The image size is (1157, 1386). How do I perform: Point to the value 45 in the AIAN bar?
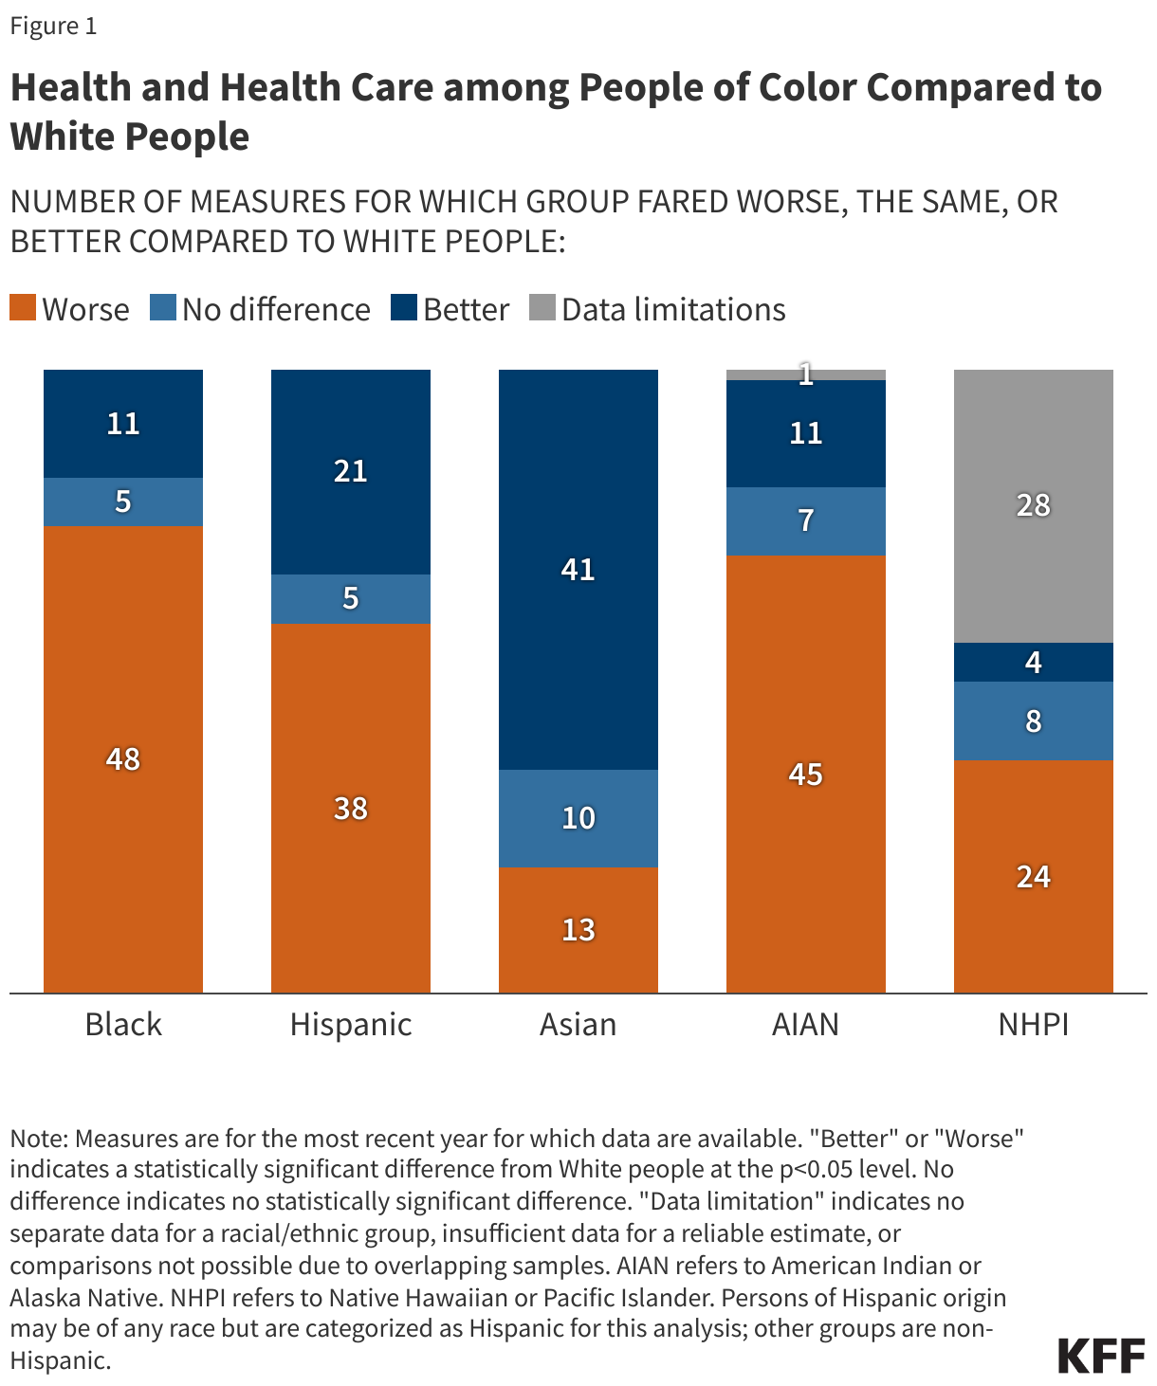tap(805, 775)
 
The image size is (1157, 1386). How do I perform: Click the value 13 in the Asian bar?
tap(578, 930)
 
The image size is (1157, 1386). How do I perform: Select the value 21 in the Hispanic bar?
tap(350, 471)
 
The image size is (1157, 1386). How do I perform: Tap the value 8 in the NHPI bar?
tap(1033, 721)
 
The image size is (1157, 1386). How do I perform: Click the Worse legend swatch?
tap(23, 309)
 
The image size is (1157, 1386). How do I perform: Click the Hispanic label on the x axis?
tap(350, 1025)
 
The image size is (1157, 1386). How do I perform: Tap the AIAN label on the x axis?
tap(805, 1025)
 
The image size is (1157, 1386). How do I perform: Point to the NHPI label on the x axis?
tap(1033, 1025)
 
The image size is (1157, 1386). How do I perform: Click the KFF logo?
tap(1101, 1357)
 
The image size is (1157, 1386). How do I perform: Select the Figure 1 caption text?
tap(53, 26)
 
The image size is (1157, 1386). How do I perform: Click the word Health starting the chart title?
tap(70, 87)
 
